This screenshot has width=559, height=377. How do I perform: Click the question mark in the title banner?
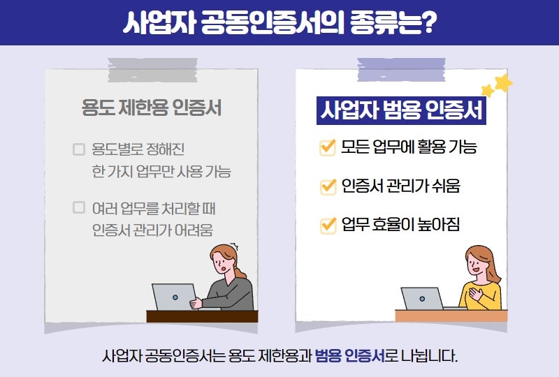pyautogui.click(x=427, y=22)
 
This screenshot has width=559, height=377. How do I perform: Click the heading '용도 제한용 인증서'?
pyautogui.click(x=152, y=108)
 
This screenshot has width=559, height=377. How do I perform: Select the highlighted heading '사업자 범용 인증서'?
pyautogui.click(x=401, y=110)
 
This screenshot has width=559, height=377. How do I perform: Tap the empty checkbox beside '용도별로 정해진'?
pyautogui.click(x=79, y=149)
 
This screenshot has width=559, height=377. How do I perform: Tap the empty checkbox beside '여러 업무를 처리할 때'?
pyautogui.click(x=79, y=207)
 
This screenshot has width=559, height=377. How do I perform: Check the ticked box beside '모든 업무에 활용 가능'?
pyautogui.click(x=328, y=147)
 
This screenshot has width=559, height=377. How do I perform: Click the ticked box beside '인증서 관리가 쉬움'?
pyautogui.click(x=328, y=186)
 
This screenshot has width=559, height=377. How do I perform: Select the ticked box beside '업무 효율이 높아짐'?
pyautogui.click(x=328, y=226)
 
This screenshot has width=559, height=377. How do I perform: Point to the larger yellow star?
pyautogui.click(x=503, y=83)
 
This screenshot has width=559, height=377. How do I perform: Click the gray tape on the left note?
pyautogui.click(x=152, y=71)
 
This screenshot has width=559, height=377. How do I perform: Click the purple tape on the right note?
pyautogui.click(x=401, y=70)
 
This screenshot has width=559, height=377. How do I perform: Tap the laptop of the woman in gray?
pyautogui.click(x=174, y=297)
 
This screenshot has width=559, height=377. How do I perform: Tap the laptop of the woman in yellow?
pyautogui.click(x=422, y=299)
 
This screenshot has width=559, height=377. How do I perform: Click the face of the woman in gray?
pyautogui.click(x=221, y=264)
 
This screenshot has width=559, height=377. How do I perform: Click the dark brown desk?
pyautogui.click(x=202, y=316)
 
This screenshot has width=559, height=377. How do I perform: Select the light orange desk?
pyautogui.click(x=451, y=316)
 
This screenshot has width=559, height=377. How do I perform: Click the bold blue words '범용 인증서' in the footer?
pyautogui.click(x=350, y=355)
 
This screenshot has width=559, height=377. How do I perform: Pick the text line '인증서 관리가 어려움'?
pyautogui.click(x=152, y=230)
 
